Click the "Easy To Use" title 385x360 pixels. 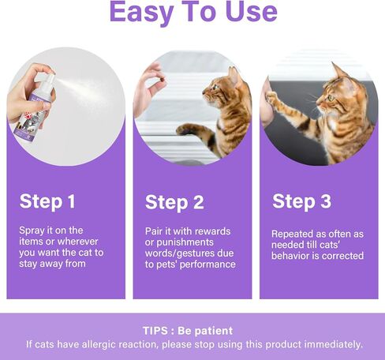[193, 12]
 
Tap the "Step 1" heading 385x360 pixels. [47, 202]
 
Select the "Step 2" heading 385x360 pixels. [174, 203]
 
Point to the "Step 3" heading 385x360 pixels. [301, 201]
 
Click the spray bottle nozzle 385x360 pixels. [50, 78]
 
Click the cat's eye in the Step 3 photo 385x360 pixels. [331, 98]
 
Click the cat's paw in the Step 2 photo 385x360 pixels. [186, 129]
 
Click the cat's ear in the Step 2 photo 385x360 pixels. [234, 74]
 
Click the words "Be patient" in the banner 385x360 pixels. [205, 331]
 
